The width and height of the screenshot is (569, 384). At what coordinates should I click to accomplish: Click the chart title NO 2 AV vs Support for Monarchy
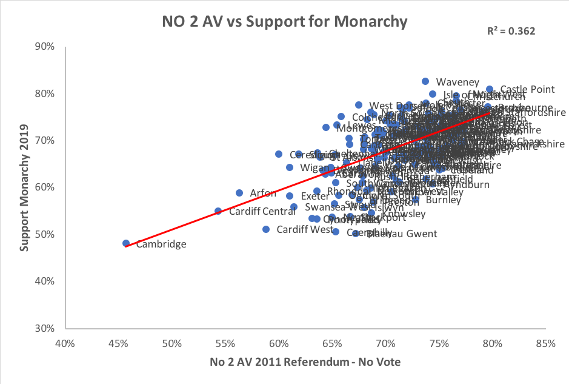click(284, 22)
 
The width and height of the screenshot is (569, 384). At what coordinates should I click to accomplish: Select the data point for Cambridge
click(126, 243)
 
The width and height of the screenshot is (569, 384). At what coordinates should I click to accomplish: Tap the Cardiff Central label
click(253, 212)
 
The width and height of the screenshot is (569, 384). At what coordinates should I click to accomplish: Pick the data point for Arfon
click(239, 193)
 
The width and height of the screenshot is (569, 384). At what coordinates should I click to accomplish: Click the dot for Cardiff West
click(266, 229)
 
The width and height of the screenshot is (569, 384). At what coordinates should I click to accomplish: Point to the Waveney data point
click(425, 81)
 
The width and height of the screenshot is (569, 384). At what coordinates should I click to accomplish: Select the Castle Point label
click(527, 89)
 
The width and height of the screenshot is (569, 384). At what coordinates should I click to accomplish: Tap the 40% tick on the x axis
click(65, 345)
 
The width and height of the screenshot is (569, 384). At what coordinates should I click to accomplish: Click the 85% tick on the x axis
click(545, 345)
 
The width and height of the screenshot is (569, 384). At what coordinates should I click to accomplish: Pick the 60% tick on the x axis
click(279, 345)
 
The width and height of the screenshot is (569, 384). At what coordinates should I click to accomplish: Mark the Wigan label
click(313, 167)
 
